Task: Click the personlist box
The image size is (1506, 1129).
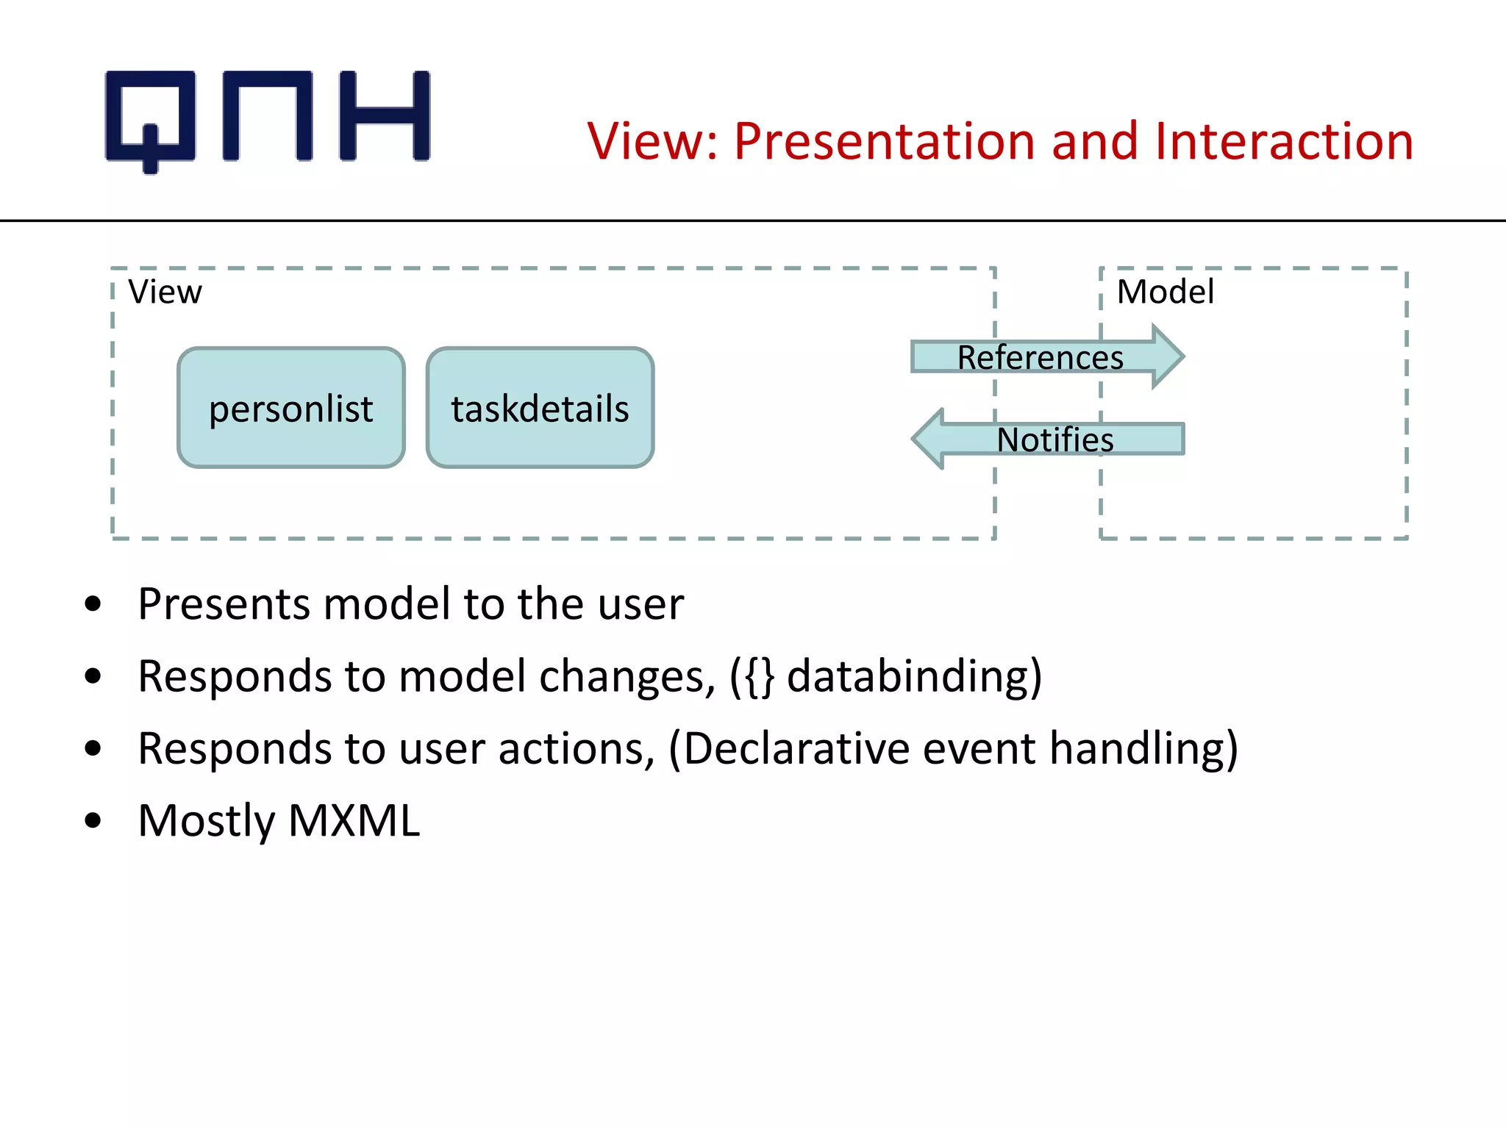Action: tap(291, 408)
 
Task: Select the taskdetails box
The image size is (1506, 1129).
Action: tap(540, 408)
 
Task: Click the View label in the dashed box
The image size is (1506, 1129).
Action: tap(165, 292)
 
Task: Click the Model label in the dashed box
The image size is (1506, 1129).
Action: tap(1165, 292)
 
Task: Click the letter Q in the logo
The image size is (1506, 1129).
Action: tap(151, 118)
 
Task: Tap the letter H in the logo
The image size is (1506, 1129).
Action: tap(385, 116)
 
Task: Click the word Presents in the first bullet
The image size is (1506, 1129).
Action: tap(224, 604)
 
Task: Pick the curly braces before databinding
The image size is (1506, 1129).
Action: tap(759, 676)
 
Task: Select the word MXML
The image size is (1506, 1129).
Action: tap(354, 820)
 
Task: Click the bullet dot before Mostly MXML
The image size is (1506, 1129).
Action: tap(93, 820)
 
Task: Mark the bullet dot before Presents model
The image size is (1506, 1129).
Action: tap(93, 604)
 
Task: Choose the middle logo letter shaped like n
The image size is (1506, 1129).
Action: tap(268, 116)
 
